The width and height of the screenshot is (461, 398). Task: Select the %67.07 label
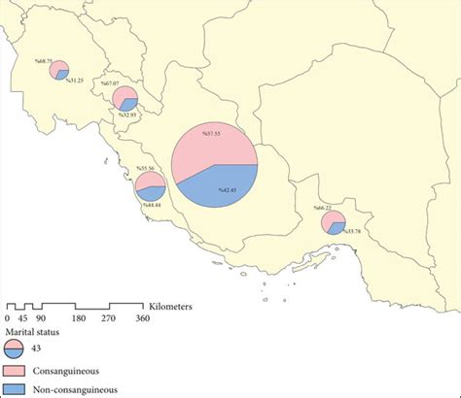point(110,84)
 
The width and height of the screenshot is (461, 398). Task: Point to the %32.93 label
point(130,115)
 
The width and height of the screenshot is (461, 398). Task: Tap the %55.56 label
point(148,169)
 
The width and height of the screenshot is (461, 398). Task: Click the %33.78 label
point(347,231)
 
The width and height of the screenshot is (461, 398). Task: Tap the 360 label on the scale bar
point(142,317)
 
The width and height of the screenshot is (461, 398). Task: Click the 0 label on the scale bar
point(8,317)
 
